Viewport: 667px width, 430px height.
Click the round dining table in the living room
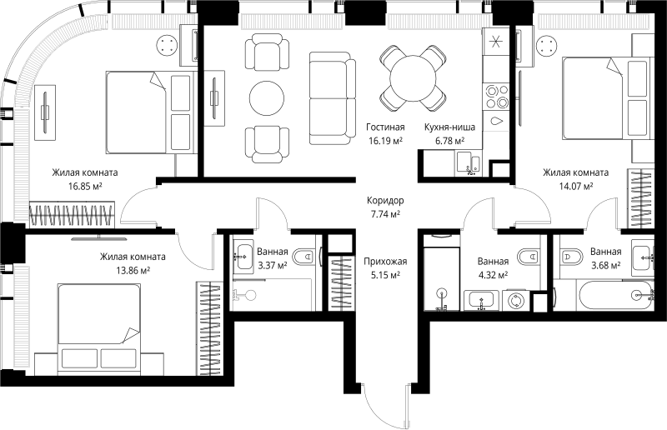(413, 78)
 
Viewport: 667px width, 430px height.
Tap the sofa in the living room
(332, 98)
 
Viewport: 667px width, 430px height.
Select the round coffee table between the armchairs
(267, 97)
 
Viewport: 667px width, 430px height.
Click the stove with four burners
(496, 97)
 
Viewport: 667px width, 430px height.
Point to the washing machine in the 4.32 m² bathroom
(515, 300)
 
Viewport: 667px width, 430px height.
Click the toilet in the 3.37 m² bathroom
(304, 257)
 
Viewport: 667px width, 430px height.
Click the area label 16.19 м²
(385, 141)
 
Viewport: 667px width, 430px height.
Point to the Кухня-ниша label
(449, 127)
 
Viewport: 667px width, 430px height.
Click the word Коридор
(385, 200)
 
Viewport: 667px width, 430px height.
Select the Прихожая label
(385, 261)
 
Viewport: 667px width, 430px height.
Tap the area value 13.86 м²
(133, 270)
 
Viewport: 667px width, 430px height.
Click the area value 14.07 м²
(576, 186)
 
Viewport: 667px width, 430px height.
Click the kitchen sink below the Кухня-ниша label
(469, 163)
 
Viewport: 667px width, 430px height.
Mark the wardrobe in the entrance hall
(342, 282)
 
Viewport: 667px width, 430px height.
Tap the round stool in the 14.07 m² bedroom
(547, 45)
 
